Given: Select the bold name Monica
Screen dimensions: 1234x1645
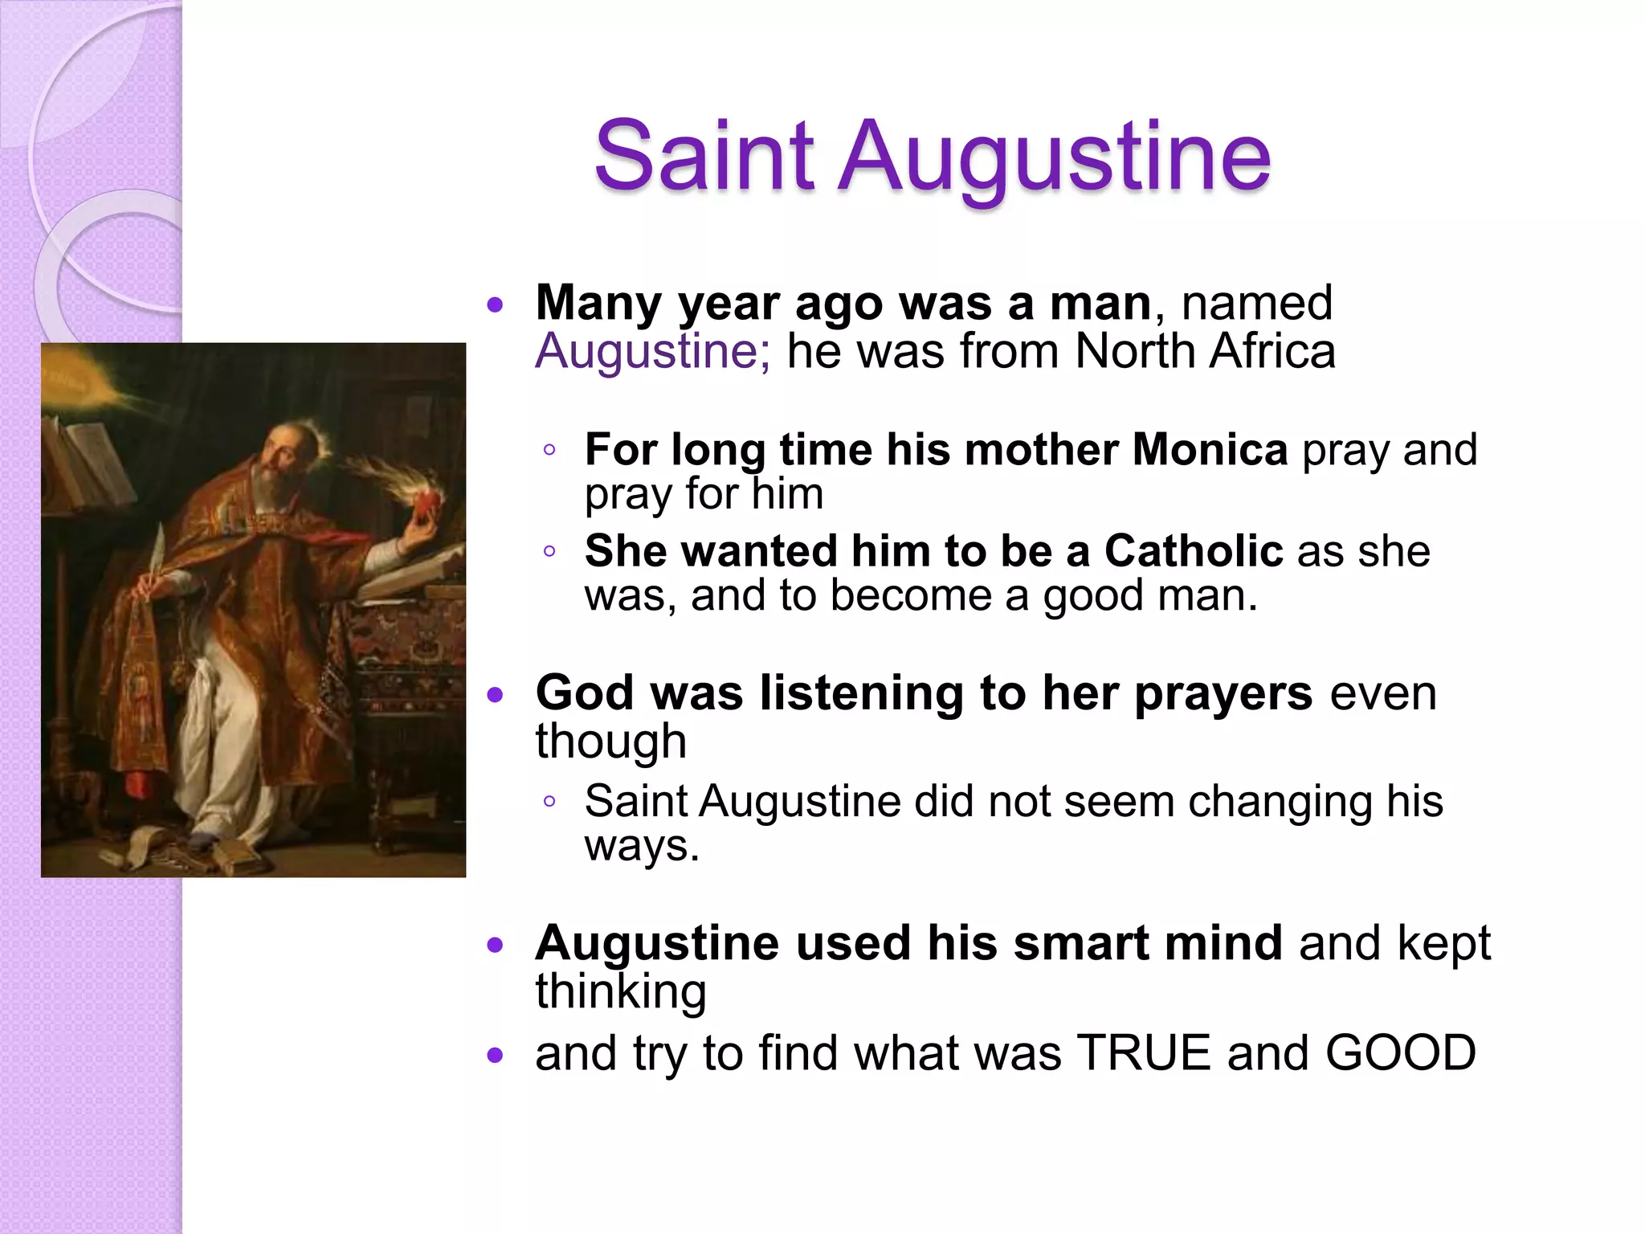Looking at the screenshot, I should point(1209,450).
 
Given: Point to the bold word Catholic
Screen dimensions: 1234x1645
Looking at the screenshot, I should point(1193,551).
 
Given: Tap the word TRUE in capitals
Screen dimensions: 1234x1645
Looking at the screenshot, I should point(1143,1053).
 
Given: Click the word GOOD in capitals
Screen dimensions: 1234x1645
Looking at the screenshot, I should point(1400,1053).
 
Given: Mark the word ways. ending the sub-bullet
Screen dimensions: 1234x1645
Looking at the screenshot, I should point(642,845).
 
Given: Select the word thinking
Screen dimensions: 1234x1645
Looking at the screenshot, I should point(621,991).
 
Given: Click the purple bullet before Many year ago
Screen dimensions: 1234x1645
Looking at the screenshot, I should point(495,304).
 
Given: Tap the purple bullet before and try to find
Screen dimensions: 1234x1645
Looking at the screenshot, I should point(495,1055).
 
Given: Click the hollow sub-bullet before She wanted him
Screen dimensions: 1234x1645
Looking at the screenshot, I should point(549,551).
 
